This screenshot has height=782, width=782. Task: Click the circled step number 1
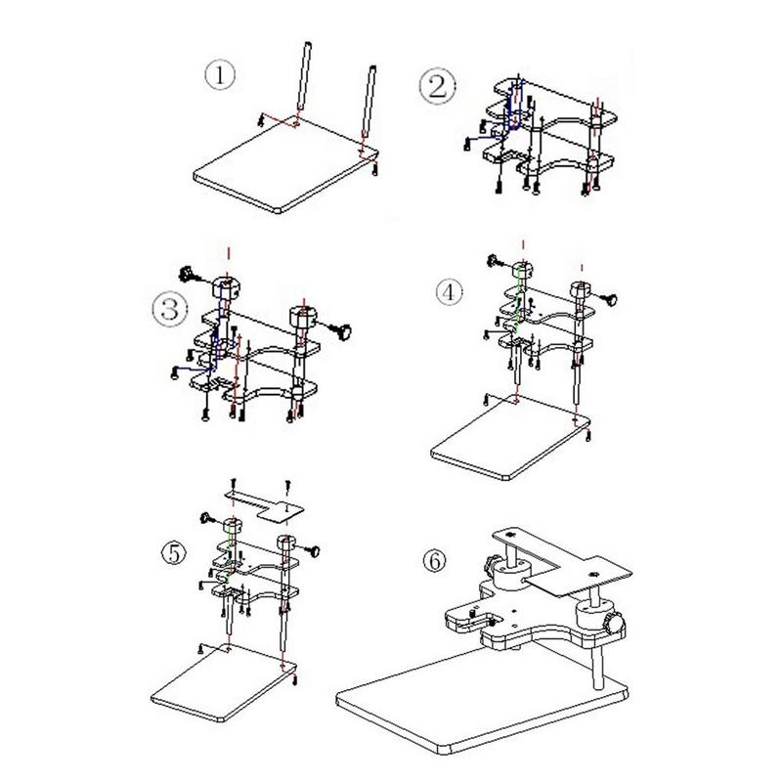pyautogui.click(x=220, y=75)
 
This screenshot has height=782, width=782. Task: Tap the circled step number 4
pyautogui.click(x=449, y=290)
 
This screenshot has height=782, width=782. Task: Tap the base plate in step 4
pyautogui.click(x=508, y=440)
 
